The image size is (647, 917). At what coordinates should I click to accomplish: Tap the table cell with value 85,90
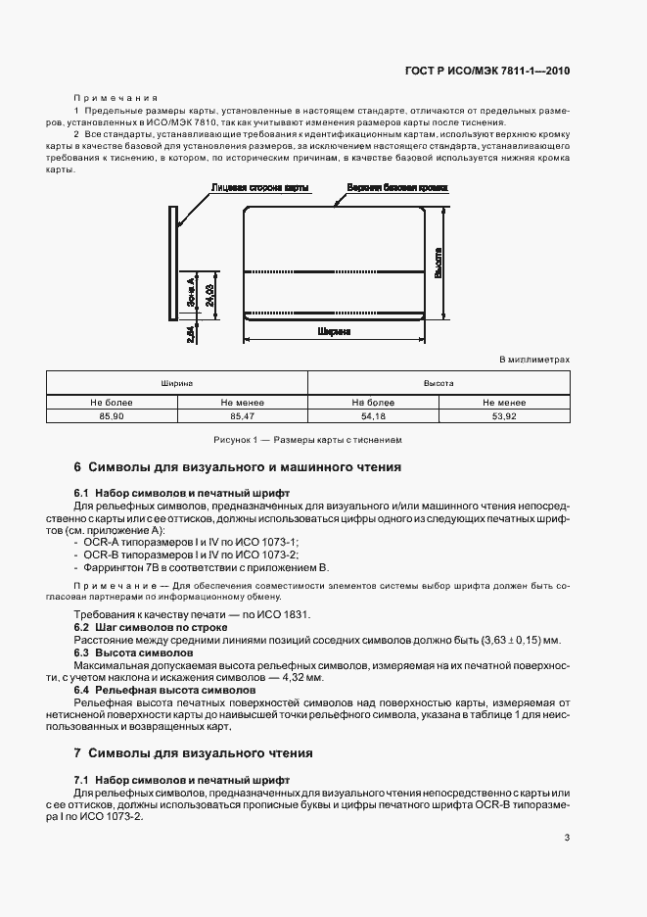[x=112, y=417]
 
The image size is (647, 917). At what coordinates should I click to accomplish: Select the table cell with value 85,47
[x=243, y=417]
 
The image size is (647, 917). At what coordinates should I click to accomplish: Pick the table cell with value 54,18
[x=373, y=417]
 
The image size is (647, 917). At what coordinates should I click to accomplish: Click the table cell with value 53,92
[x=504, y=417]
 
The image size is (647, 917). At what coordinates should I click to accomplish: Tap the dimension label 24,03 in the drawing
[x=210, y=290]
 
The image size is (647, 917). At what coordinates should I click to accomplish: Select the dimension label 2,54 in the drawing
[x=191, y=333]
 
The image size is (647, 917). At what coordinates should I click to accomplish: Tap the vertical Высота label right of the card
[x=438, y=262]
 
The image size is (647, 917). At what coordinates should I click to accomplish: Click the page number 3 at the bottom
[x=567, y=837]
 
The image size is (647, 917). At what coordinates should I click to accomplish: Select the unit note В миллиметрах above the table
[x=534, y=360]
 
